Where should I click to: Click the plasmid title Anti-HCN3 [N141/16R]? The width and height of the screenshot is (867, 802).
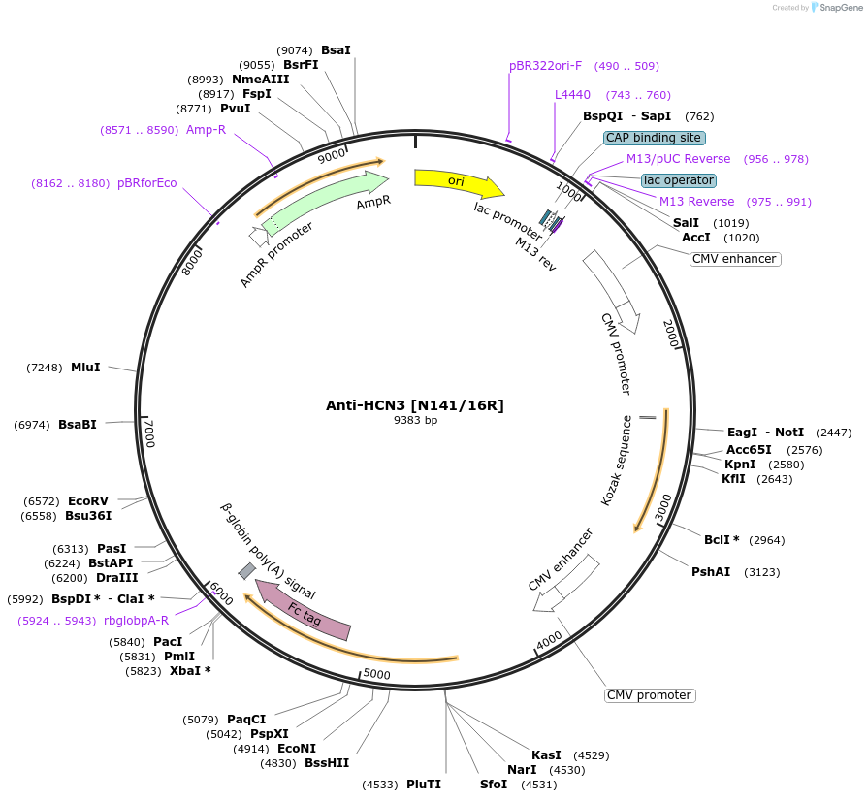point(414,405)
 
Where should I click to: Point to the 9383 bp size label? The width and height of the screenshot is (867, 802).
point(415,421)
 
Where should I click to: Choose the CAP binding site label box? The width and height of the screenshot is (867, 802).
point(654,138)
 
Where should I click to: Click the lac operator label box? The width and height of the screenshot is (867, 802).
point(679,180)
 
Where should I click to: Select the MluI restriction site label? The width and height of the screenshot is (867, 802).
point(85,368)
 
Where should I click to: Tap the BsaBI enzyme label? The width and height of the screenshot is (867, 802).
point(78,424)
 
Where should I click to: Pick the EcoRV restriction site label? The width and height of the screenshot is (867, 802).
point(88,501)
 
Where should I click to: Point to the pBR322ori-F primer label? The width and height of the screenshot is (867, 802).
point(545,66)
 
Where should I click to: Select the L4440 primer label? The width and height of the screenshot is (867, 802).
point(572,95)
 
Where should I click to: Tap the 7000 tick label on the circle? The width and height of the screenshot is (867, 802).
point(148,433)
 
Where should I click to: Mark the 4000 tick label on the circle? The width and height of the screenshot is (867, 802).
point(549,641)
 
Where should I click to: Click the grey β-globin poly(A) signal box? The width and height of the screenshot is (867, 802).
point(247,571)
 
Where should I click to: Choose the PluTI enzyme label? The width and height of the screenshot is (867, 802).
point(424,784)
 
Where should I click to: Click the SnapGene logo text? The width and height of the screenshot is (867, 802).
point(841,8)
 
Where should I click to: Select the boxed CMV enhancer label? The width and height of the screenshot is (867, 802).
point(735,259)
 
